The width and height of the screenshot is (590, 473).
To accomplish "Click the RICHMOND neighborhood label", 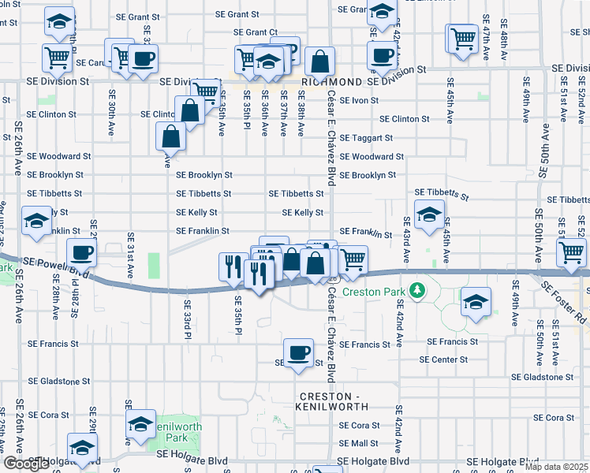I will [332, 81].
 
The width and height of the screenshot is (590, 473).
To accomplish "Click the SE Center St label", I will [443, 359].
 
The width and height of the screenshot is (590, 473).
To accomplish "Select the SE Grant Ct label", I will [256, 32].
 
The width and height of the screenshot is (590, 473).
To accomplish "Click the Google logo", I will [26, 464].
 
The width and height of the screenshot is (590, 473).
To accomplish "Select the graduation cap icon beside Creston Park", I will [476, 303].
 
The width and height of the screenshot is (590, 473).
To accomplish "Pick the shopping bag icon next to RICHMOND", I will [319, 61].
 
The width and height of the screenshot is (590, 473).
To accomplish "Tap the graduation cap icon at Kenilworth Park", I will [140, 424].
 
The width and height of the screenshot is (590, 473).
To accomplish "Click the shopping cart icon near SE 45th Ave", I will [463, 36].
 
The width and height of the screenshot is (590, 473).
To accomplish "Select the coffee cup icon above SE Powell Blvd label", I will [82, 253].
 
